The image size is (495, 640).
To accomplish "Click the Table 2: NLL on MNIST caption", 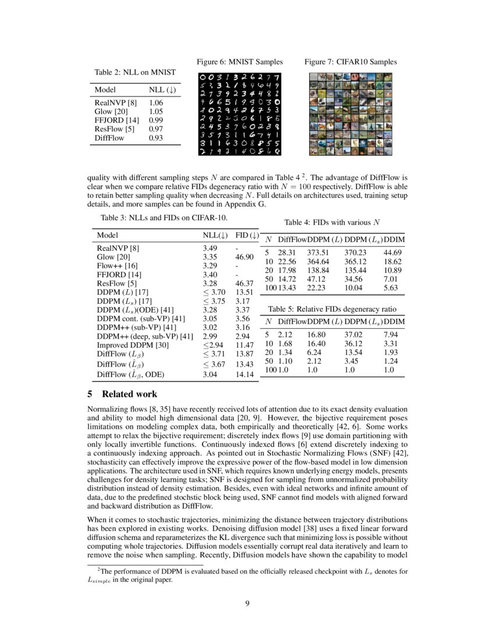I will pyautogui.click(x=135, y=72).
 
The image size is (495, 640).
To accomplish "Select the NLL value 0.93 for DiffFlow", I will pyautogui.click(x=155, y=138).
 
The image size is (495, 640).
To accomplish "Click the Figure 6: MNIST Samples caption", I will pyautogui.click(x=239, y=62).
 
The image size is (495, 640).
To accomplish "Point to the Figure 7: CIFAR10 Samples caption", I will pyautogui.click(x=351, y=62).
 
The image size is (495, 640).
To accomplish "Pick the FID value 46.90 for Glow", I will pyautogui.click(x=244, y=257).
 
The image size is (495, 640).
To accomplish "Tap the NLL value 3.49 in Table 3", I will pyautogui.click(x=210, y=248).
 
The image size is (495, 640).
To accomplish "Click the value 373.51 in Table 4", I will pyautogui.click(x=319, y=253).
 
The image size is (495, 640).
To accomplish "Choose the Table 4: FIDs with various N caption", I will pyautogui.click(x=333, y=222).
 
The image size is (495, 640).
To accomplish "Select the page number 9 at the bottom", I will pyautogui.click(x=248, y=603).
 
